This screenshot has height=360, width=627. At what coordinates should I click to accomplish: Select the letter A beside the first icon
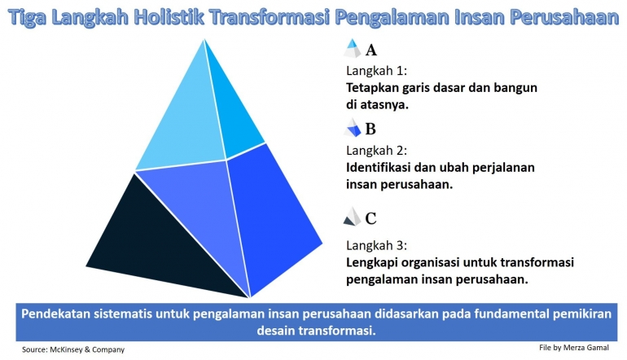(x=371, y=50)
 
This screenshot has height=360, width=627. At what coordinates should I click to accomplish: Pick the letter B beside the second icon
(x=370, y=129)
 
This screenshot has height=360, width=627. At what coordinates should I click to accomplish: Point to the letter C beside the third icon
(x=370, y=218)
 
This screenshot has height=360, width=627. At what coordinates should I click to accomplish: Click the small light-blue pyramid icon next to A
(x=353, y=48)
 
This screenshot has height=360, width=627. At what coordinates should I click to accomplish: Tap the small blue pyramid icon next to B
(x=353, y=128)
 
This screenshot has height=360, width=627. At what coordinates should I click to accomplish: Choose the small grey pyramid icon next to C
(x=352, y=217)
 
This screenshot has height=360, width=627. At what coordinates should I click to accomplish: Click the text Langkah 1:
(x=375, y=71)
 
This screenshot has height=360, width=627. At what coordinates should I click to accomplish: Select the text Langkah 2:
(x=375, y=151)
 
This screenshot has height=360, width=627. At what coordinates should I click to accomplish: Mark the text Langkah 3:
(x=375, y=245)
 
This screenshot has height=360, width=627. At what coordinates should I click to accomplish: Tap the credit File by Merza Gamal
(x=574, y=347)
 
